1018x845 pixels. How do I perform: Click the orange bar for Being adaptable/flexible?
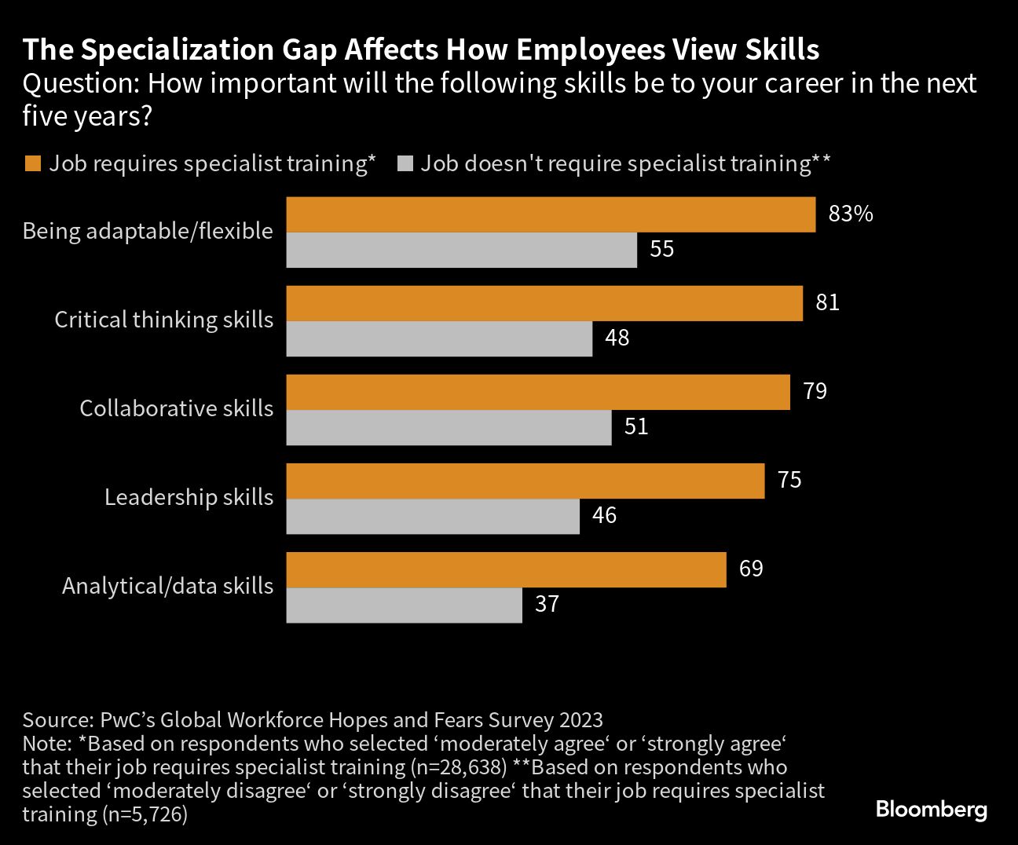click(x=551, y=215)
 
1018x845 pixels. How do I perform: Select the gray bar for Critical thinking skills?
click(x=439, y=339)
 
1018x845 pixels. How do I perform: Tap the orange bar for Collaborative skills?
click(x=538, y=393)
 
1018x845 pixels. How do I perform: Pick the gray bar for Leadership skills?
click(x=433, y=517)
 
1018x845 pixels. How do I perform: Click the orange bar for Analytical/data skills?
click(x=506, y=570)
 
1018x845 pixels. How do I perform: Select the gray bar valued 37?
click(x=404, y=605)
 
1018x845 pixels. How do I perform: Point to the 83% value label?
click(x=850, y=214)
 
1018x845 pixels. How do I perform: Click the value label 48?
click(x=617, y=338)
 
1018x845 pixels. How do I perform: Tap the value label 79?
click(x=815, y=391)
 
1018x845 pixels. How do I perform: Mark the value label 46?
click(x=604, y=516)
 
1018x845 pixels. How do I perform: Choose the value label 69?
click(x=751, y=569)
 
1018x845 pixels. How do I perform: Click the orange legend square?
click(x=32, y=163)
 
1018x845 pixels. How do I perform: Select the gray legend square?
click(x=405, y=163)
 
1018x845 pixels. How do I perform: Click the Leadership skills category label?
click(x=189, y=497)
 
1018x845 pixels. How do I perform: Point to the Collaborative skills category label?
click(x=176, y=408)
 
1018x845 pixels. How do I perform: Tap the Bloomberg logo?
click(x=931, y=809)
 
